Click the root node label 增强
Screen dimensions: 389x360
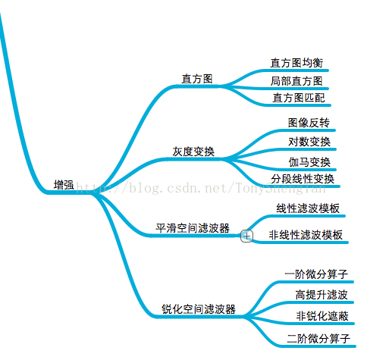pyautogui.click(x=64, y=185)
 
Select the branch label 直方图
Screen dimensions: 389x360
pyautogui.click(x=197, y=79)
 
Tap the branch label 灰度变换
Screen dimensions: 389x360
pyautogui.click(x=193, y=152)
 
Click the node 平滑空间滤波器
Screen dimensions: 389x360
pyautogui.click(x=193, y=228)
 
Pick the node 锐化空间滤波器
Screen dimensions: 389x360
pyautogui.click(x=199, y=309)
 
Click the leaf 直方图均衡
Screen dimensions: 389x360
pyautogui.click(x=296, y=63)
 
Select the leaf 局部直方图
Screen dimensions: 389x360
pyautogui.click(x=296, y=81)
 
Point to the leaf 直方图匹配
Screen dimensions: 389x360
pyautogui.click(x=299, y=98)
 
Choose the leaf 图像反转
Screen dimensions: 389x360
pyautogui.click(x=309, y=123)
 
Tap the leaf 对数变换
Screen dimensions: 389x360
pyautogui.click(x=309, y=142)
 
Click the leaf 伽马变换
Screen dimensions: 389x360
pyautogui.click(x=309, y=162)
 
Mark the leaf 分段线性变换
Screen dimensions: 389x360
pyautogui.click(x=303, y=179)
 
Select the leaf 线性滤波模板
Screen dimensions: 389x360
pyautogui.click(x=308, y=208)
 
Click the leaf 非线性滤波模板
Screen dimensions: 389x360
pyautogui.click(x=306, y=235)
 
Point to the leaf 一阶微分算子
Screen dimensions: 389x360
pyautogui.click(x=316, y=274)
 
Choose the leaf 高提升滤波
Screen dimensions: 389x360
pyautogui.click(x=322, y=295)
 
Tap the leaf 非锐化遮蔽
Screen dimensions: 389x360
pyautogui.click(x=322, y=316)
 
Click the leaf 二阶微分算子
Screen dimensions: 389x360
pyautogui.click(x=318, y=339)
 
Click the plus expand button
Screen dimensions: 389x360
pyautogui.click(x=246, y=236)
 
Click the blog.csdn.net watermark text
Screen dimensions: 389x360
pyautogui.click(x=201, y=188)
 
